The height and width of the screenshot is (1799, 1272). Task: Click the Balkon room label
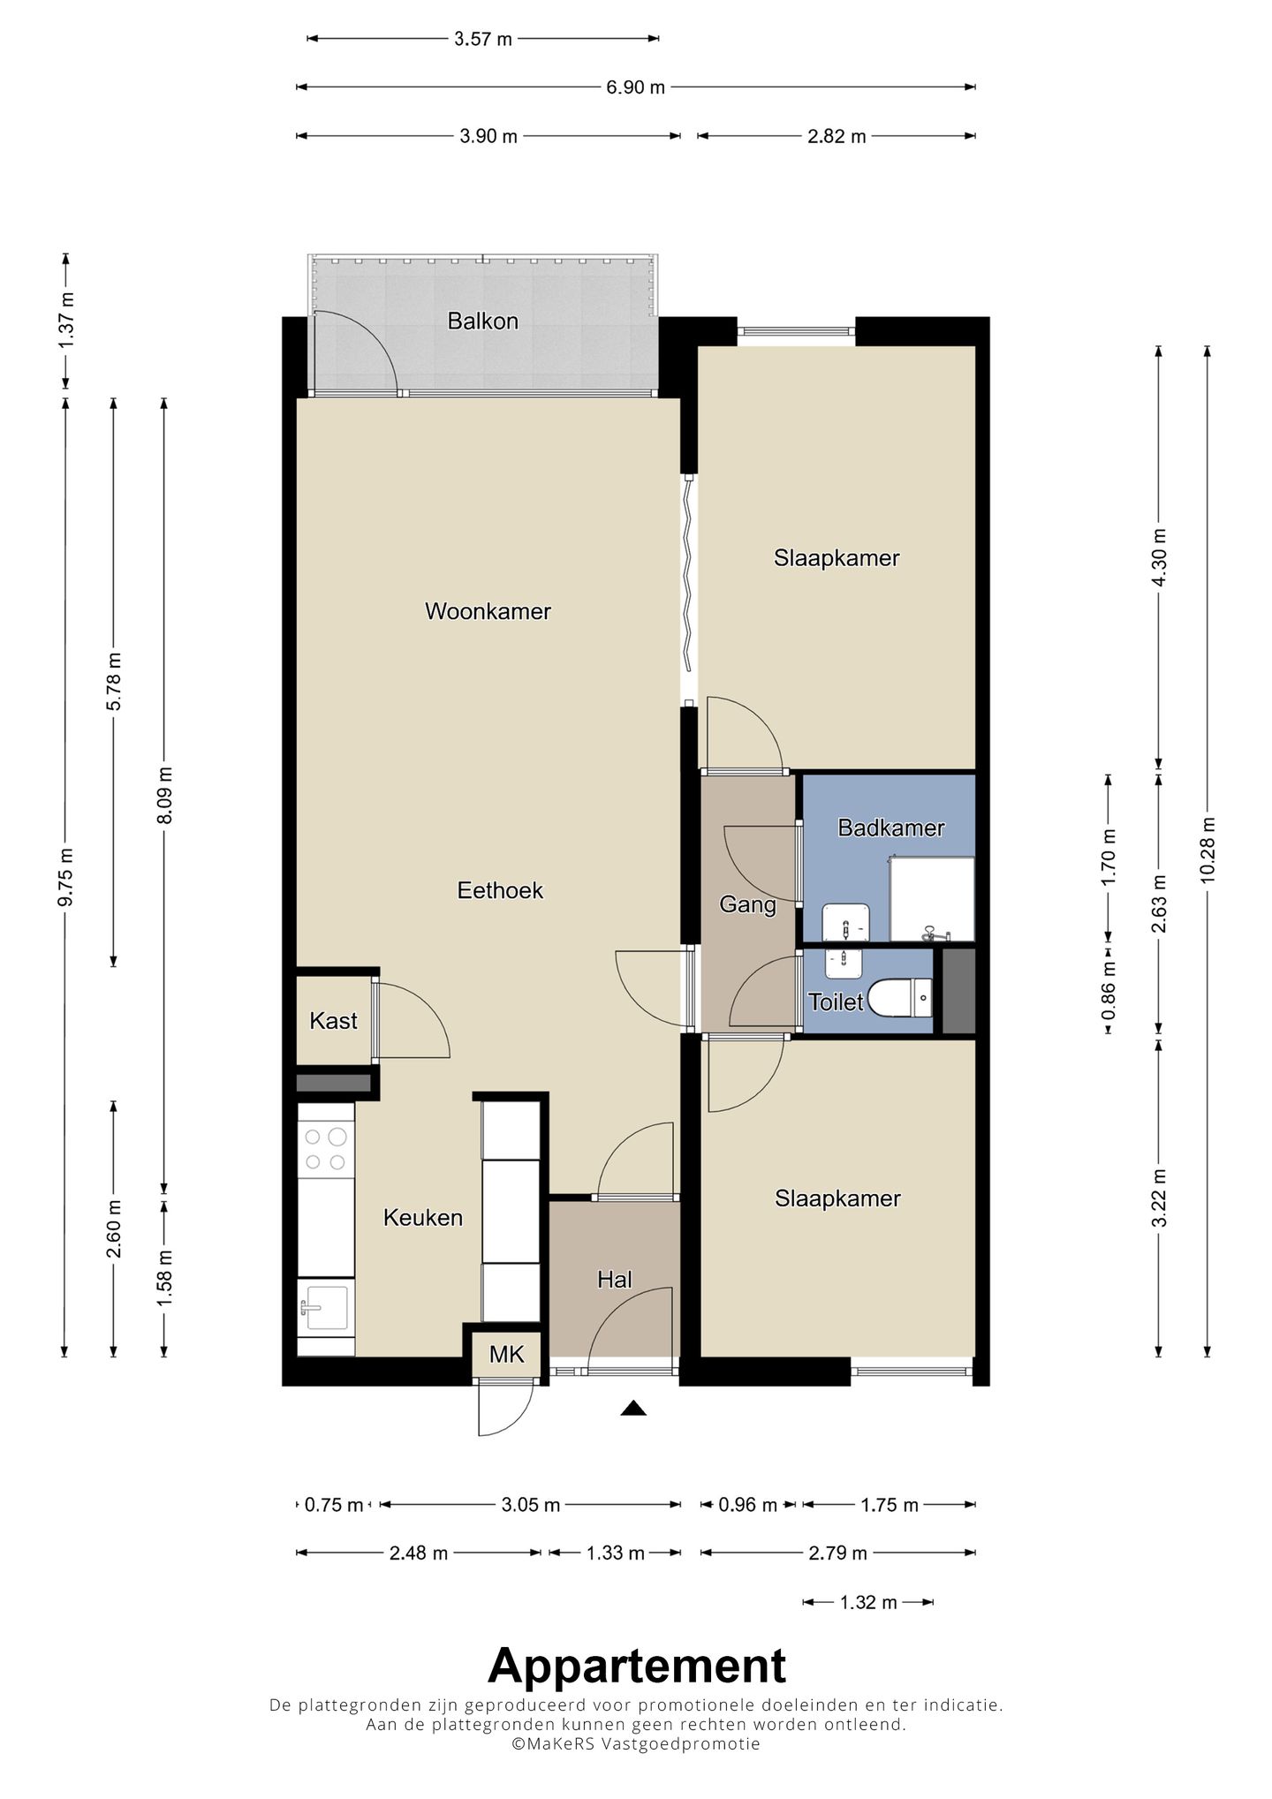click(x=482, y=321)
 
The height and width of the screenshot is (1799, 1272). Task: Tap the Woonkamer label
click(x=488, y=611)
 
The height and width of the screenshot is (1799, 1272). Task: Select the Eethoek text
click(x=500, y=890)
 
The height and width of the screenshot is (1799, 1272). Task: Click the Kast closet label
click(x=333, y=1021)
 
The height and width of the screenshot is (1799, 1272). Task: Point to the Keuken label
click(x=423, y=1218)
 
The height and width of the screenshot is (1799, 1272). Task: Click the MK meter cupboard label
click(x=507, y=1354)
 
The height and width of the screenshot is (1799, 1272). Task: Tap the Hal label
click(x=615, y=1279)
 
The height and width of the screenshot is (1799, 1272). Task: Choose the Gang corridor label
click(x=748, y=905)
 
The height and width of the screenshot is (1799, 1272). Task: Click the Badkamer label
click(x=891, y=828)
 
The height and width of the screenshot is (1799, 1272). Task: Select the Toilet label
click(x=836, y=1002)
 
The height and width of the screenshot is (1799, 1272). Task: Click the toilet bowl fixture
click(x=900, y=999)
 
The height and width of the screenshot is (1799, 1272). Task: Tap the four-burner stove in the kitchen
click(x=326, y=1149)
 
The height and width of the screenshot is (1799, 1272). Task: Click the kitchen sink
click(x=325, y=1308)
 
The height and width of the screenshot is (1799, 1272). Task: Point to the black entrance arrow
click(x=633, y=1409)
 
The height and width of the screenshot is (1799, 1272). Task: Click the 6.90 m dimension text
click(x=635, y=87)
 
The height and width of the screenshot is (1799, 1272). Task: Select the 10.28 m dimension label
click(x=1208, y=849)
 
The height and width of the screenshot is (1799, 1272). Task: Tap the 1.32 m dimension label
click(x=869, y=1602)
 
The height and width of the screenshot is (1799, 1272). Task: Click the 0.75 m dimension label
click(x=334, y=1505)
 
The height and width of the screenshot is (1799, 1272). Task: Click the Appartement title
click(x=637, y=1667)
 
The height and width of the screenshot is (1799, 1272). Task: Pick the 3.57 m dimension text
click(x=483, y=39)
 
